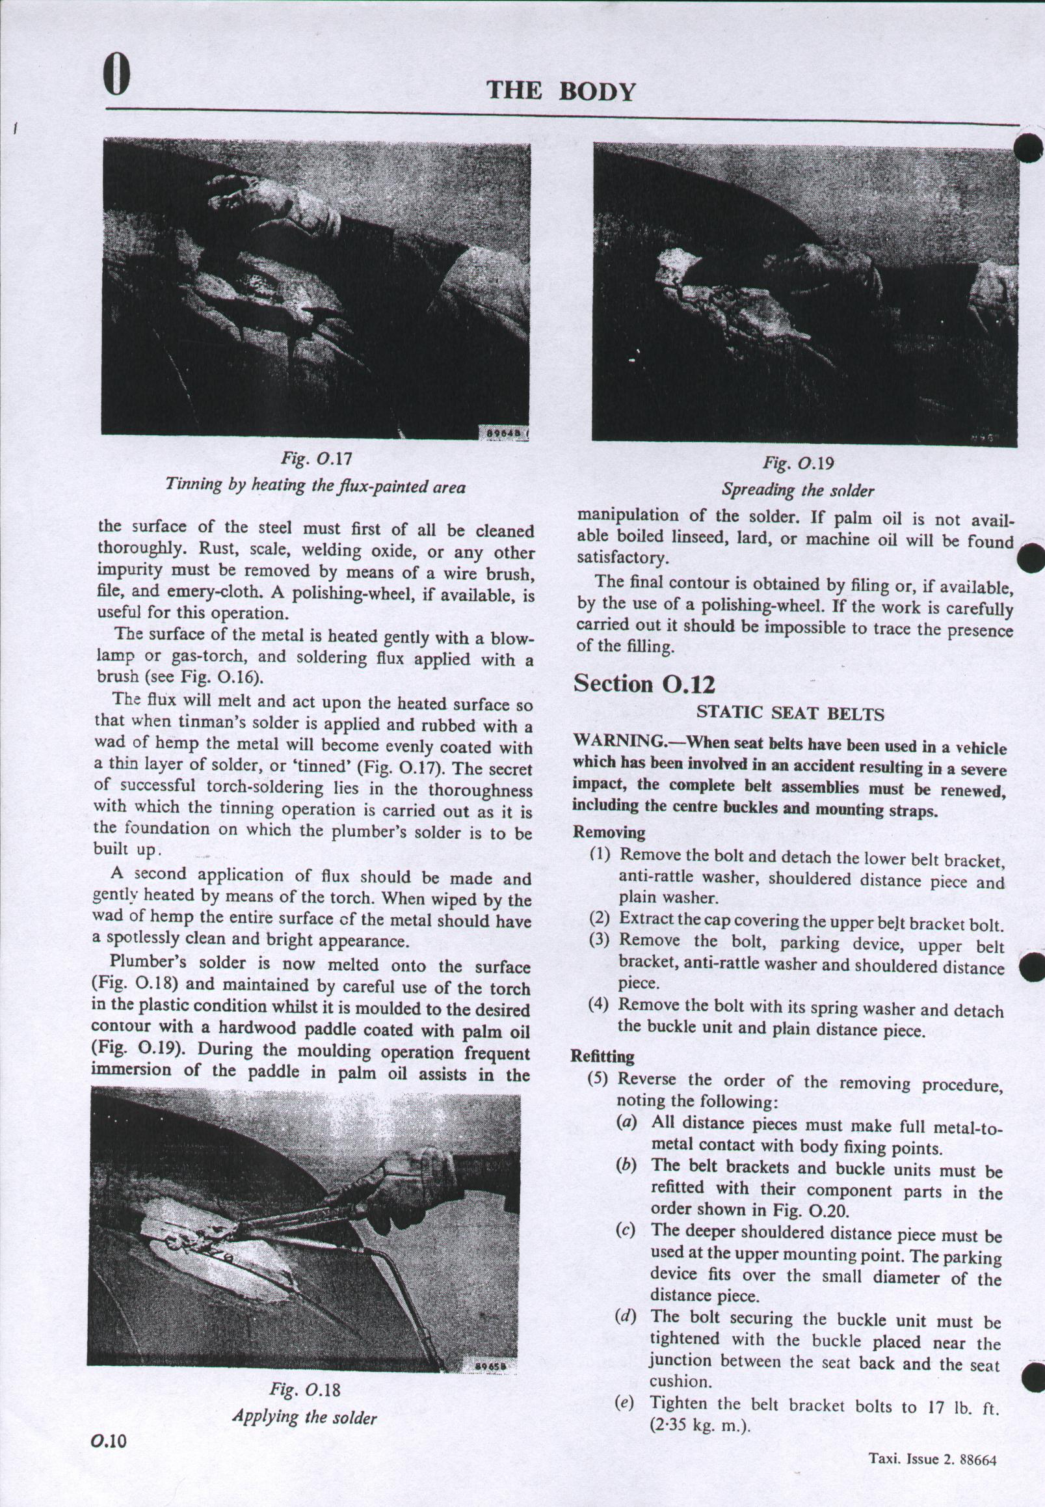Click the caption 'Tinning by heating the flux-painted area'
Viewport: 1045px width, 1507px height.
pyautogui.click(x=315, y=487)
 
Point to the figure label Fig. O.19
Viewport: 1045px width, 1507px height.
pyautogui.click(x=797, y=463)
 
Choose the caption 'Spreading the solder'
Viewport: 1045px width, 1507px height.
pyautogui.click(x=797, y=490)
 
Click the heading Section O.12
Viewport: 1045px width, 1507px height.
pyautogui.click(x=644, y=683)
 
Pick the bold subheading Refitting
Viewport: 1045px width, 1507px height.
pyautogui.click(x=602, y=1056)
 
